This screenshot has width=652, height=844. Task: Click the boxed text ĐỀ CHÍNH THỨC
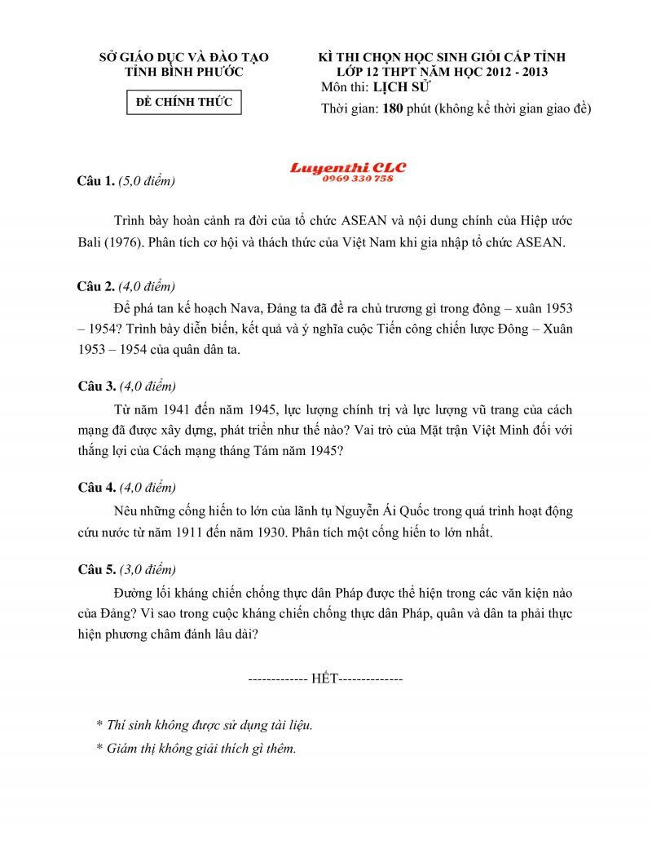(x=184, y=103)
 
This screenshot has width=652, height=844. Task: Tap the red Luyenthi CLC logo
(x=348, y=168)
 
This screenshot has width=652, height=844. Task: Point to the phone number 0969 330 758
(x=358, y=179)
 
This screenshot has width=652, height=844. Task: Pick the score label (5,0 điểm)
(x=147, y=181)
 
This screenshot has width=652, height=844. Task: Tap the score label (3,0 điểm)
(x=148, y=569)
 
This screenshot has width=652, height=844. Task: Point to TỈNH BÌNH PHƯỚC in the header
(x=183, y=72)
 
